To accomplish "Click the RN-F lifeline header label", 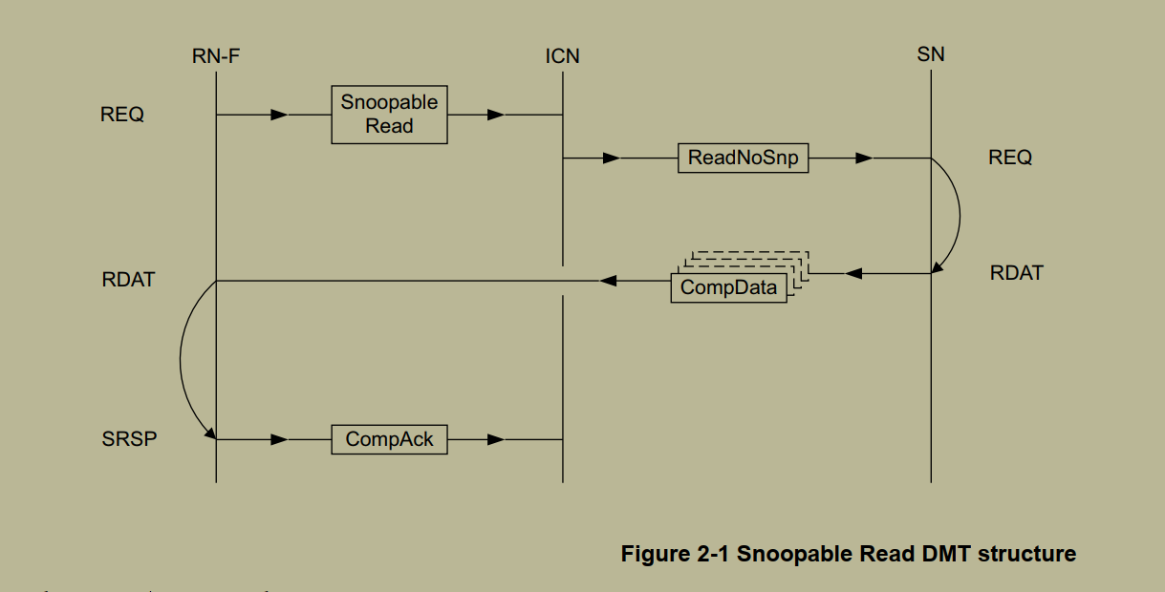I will coord(215,56).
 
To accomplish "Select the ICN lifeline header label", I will coord(562,56).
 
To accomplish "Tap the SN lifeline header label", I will coord(930,54).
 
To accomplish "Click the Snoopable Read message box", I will coord(389,115).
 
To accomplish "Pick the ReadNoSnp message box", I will coord(743,159).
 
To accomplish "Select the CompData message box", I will coord(729,287).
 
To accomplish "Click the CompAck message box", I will coord(389,439).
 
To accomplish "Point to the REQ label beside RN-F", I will coord(122,115).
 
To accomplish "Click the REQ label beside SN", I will coord(1010,159).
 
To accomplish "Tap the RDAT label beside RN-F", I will coord(128,281).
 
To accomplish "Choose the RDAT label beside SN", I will coord(1016,273).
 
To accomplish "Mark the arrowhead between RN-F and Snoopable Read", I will coord(278,115).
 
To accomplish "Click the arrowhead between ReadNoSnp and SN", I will coord(863,159).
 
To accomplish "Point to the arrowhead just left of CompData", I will coord(608,281).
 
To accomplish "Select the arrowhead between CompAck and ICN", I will coord(495,439).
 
